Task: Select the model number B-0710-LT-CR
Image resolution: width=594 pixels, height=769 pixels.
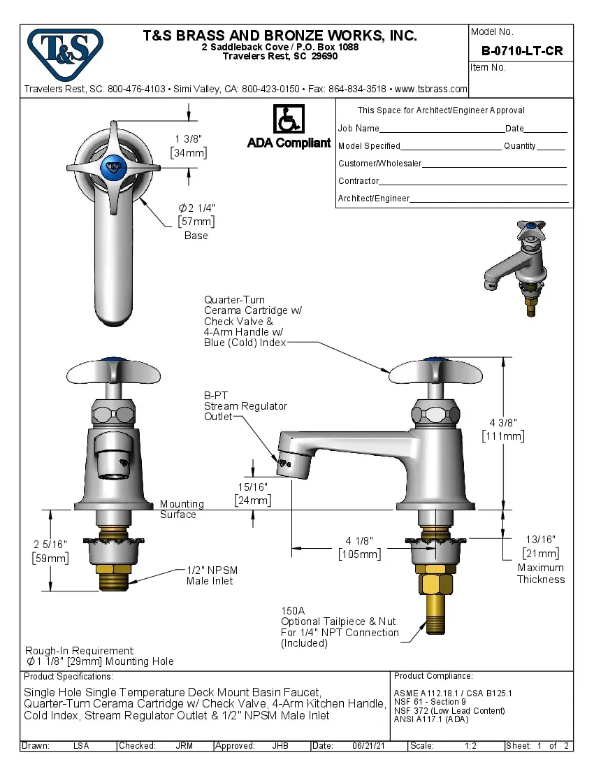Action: pyautogui.click(x=521, y=51)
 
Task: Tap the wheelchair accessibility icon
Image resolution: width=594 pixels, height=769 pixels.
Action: pyautogui.click(x=288, y=120)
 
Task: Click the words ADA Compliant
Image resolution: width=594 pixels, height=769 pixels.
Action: pyautogui.click(x=289, y=143)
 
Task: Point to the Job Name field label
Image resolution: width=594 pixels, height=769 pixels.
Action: pyautogui.click(x=358, y=129)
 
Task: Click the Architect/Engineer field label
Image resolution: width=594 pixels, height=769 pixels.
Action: pyautogui.click(x=373, y=199)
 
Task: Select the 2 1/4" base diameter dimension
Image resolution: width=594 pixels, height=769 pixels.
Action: pyautogui.click(x=196, y=208)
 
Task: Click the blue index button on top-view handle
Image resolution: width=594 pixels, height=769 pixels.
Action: pyautogui.click(x=112, y=166)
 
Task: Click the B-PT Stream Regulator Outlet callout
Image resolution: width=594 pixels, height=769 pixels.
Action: pyautogui.click(x=245, y=406)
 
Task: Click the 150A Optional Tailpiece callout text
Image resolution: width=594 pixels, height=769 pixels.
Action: pyautogui.click(x=339, y=626)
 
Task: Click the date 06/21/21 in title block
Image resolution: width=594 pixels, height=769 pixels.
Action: pyautogui.click(x=371, y=746)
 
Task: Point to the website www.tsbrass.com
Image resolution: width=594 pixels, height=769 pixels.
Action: pyautogui.click(x=431, y=89)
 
